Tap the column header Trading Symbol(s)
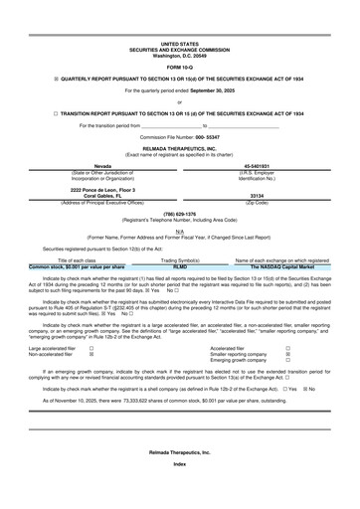point(180,260)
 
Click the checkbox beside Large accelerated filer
point(91,349)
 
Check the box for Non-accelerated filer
point(91,355)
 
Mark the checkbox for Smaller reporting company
point(287,355)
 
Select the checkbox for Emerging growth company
point(287,361)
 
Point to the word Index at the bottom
point(179,492)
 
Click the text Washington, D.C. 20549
point(179,55)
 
